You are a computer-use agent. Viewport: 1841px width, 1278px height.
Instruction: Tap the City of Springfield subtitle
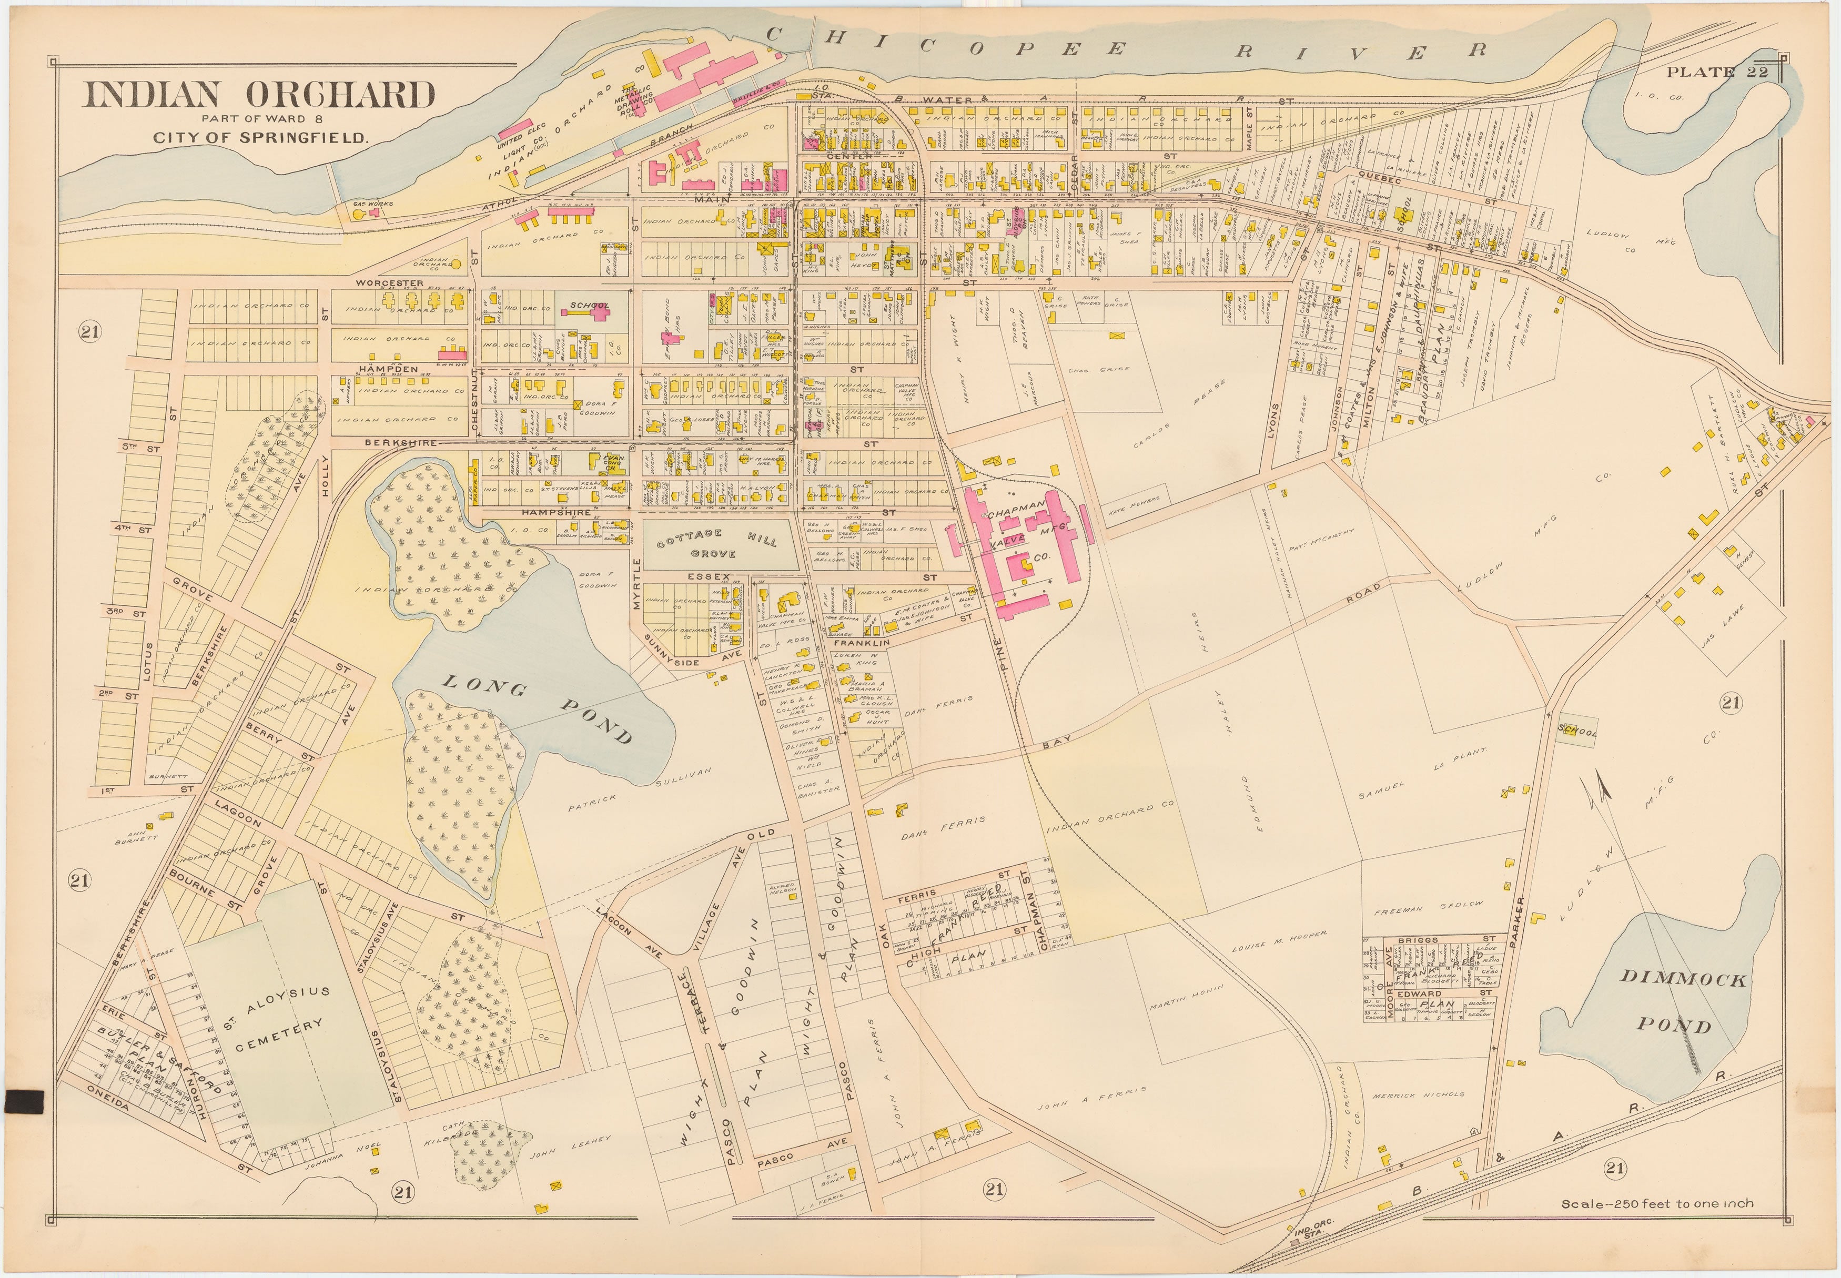click(x=261, y=137)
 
